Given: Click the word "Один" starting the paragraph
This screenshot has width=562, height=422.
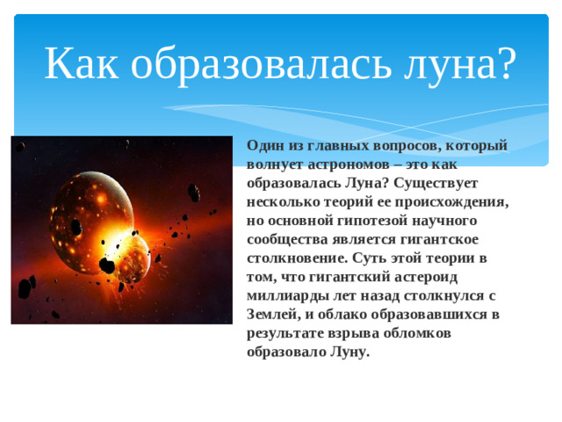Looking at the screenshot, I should click(264, 145).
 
